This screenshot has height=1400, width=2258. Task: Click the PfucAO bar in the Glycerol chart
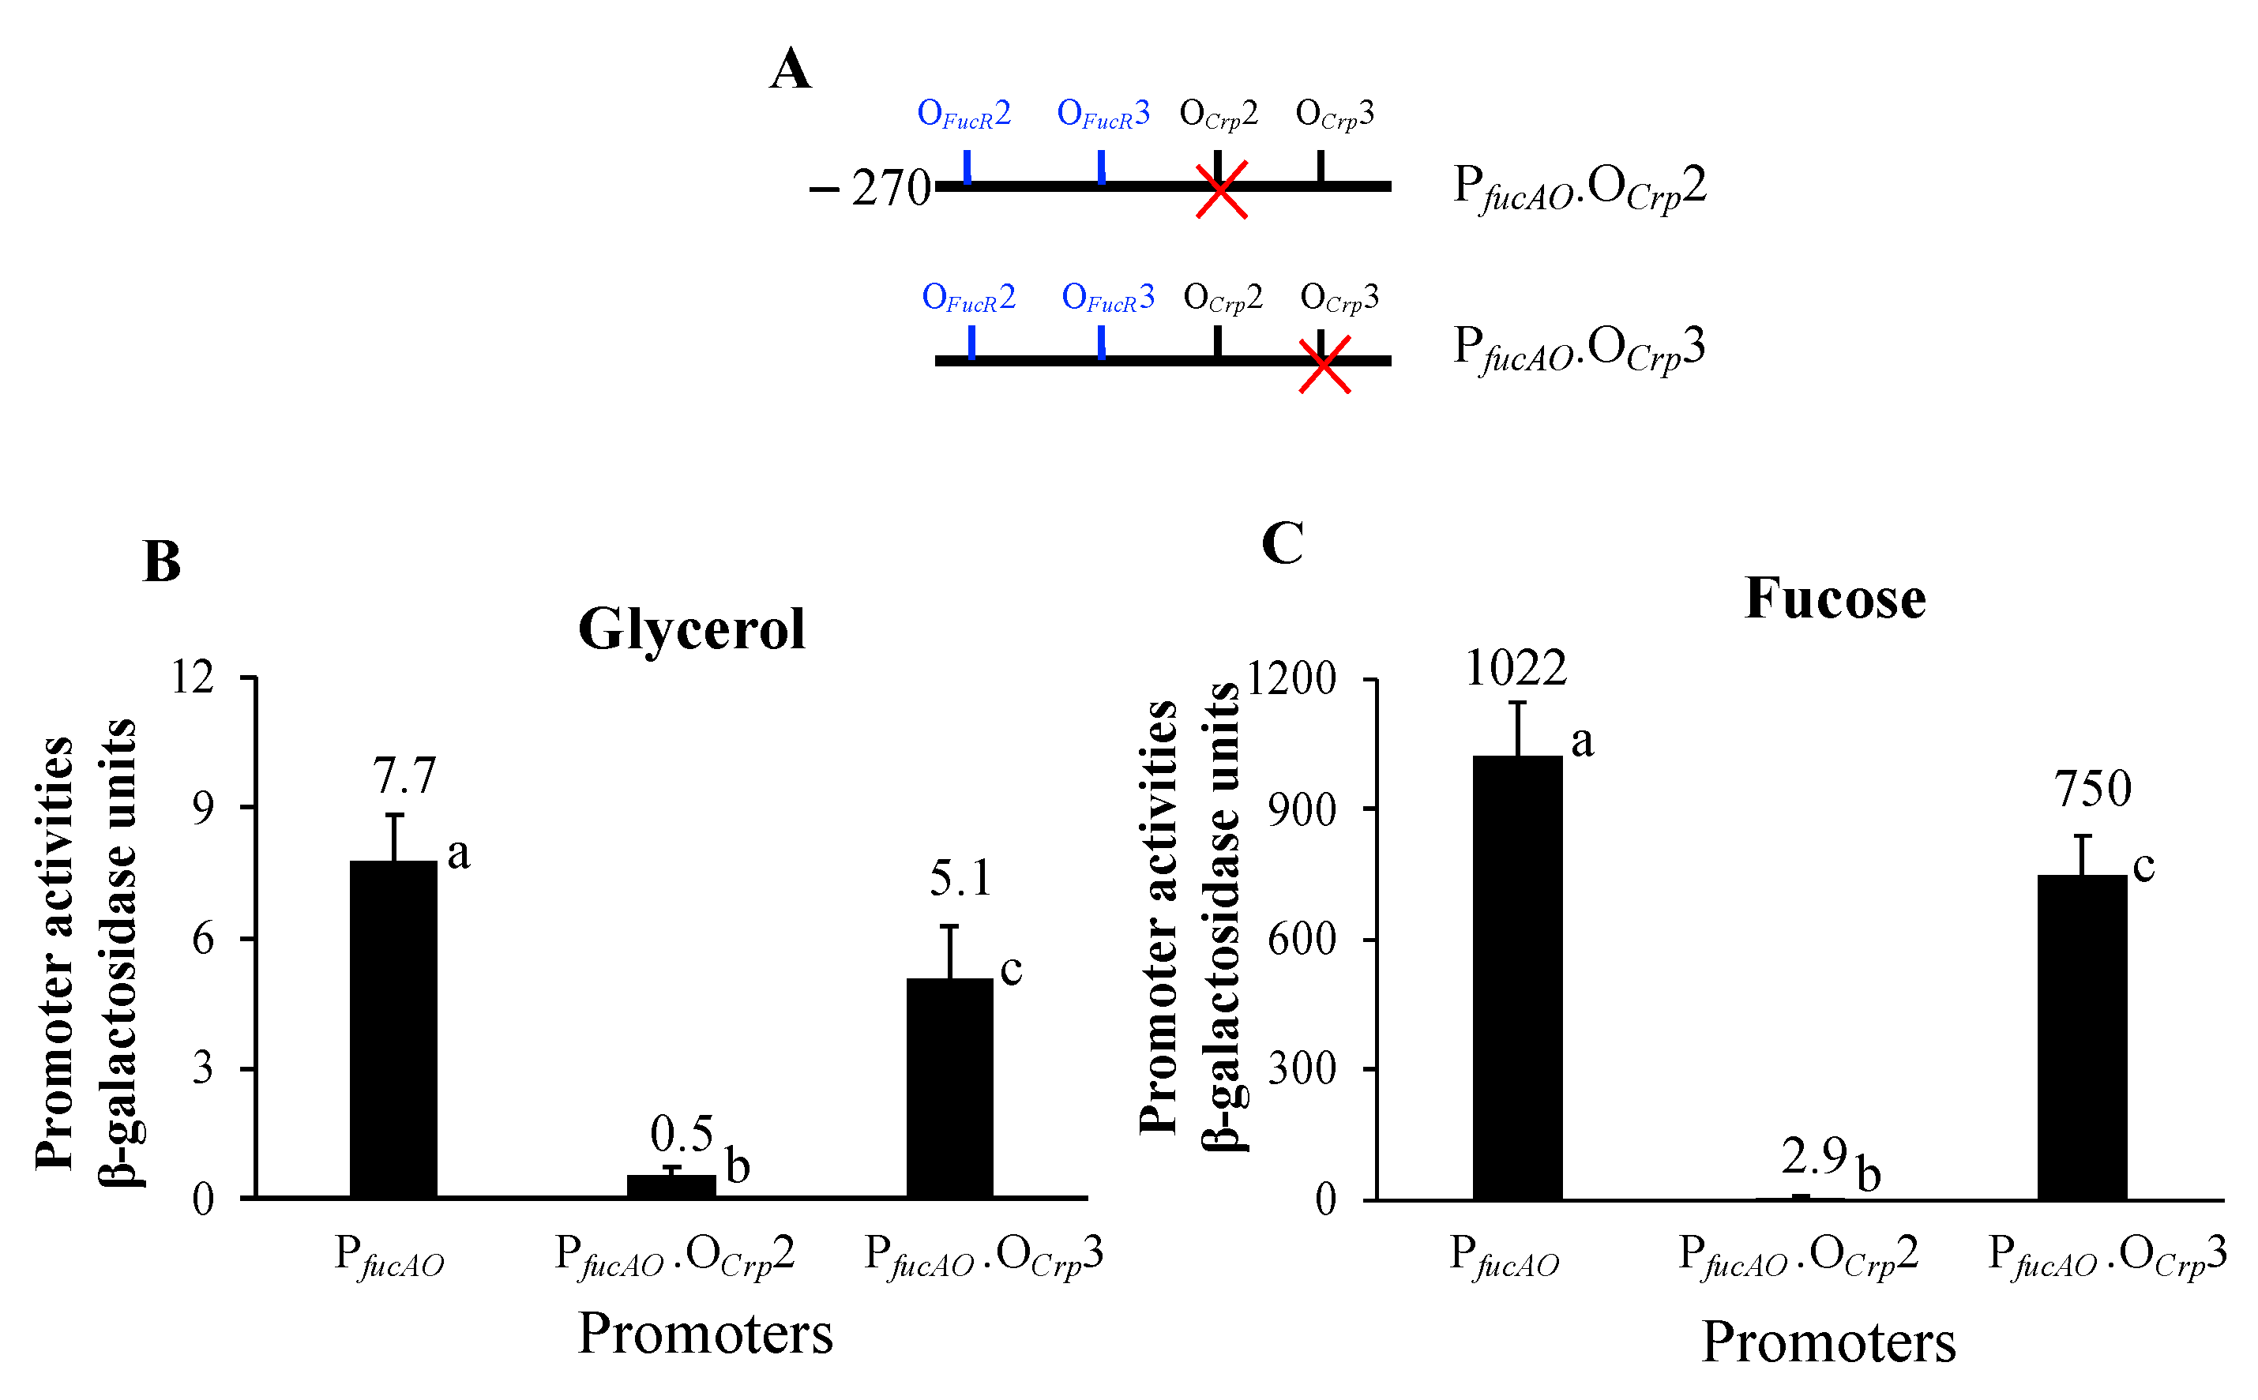(393, 1028)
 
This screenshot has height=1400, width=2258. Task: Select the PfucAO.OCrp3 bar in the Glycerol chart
(949, 1087)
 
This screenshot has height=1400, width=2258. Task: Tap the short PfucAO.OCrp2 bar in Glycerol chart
(671, 1186)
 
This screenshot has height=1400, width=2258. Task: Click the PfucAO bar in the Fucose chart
(1517, 977)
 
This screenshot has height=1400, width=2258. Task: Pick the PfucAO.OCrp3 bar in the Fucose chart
(2082, 1037)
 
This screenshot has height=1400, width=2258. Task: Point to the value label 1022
(1516, 667)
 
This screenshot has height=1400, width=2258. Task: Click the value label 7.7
(404, 776)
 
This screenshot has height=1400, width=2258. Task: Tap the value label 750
(2093, 789)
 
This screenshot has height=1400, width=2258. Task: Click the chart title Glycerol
(691, 629)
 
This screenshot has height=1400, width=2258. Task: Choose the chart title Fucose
(1835, 599)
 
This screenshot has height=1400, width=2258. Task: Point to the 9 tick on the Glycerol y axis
(203, 809)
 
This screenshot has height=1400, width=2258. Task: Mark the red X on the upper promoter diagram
(1221, 190)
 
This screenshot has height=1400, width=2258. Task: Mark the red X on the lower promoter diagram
(1324, 365)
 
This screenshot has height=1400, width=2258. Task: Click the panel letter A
(790, 69)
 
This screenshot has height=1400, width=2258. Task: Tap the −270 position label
(870, 188)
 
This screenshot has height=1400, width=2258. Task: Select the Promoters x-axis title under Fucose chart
(1828, 1342)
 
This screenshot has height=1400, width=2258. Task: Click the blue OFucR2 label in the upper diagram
(964, 114)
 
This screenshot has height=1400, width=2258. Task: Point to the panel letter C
(1282, 542)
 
